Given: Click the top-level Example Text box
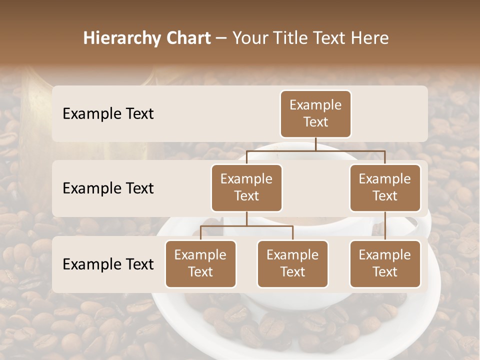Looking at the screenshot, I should [315, 114].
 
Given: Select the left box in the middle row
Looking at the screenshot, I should [246, 188].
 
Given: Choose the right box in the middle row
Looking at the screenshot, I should [385, 188].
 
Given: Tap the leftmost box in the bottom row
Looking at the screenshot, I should [200, 264].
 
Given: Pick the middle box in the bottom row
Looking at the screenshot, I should [292, 264].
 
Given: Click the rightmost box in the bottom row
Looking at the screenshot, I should [385, 264].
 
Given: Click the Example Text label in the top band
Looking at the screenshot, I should [108, 114].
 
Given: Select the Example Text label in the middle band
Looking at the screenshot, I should [108, 188].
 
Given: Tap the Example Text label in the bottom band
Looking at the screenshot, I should [108, 264].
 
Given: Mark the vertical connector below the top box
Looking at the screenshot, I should [315, 144].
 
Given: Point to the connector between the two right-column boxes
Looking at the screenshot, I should [385, 226].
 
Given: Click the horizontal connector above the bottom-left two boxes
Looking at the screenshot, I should [246, 226].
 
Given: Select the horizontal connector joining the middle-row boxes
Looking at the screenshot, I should [315, 150].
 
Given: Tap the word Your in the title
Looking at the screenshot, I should [248, 38].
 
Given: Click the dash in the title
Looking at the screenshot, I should [220, 38].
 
